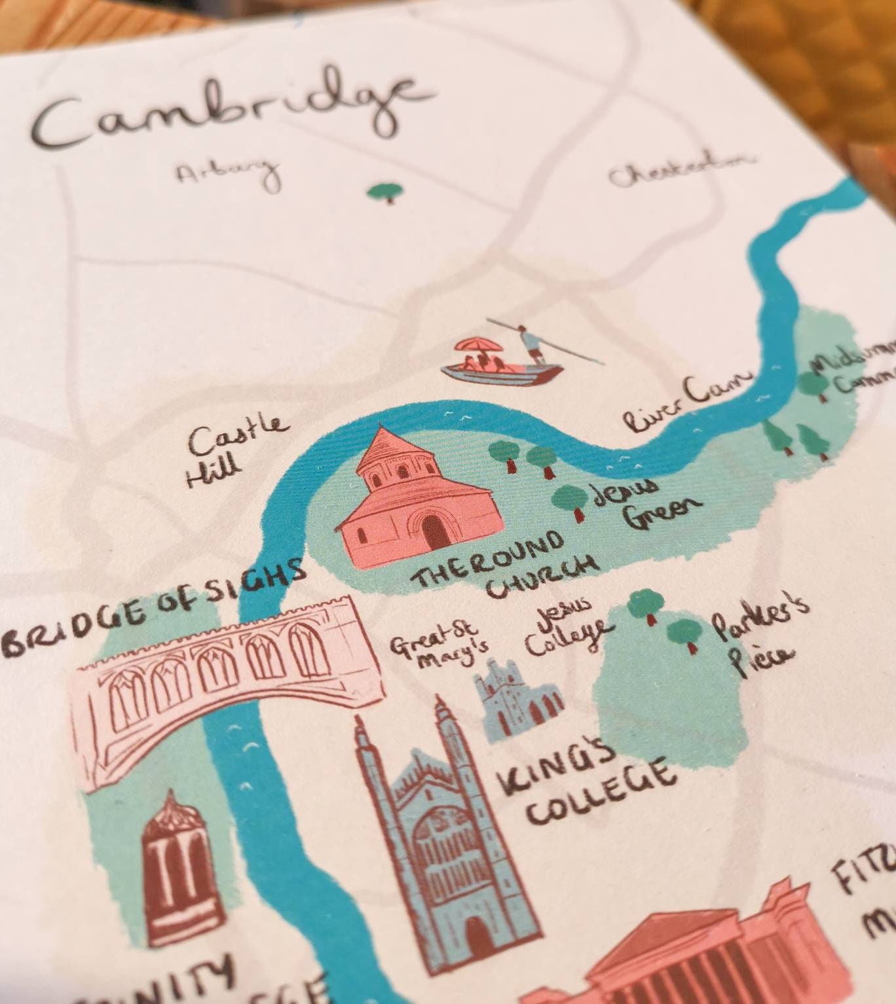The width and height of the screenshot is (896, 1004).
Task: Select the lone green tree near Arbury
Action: click(384, 192)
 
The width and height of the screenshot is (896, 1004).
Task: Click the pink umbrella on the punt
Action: click(477, 345)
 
